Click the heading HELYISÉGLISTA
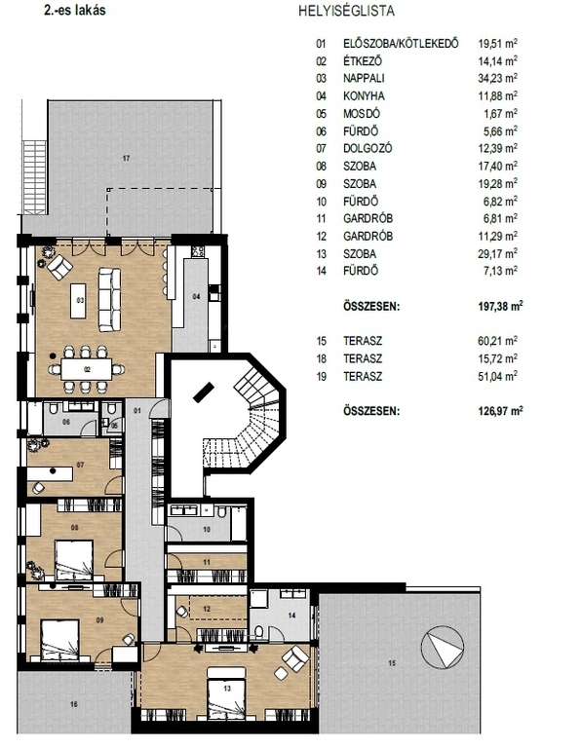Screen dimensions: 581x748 (346, 11)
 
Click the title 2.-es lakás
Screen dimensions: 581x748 (74, 10)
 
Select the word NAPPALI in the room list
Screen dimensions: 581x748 (364, 78)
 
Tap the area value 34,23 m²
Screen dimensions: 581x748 (498, 78)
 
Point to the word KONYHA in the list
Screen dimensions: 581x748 (364, 95)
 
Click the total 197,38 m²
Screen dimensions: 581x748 (500, 306)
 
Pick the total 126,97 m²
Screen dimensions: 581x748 (500, 411)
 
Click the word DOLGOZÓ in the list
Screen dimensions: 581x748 (368, 148)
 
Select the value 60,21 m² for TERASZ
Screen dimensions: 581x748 (498, 341)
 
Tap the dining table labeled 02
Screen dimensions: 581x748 (87, 369)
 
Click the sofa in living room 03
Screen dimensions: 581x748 (109, 299)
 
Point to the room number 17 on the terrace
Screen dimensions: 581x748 (126, 158)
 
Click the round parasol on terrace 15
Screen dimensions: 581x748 (442, 647)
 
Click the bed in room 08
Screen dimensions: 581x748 (74, 560)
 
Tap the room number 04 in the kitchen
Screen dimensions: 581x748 (196, 297)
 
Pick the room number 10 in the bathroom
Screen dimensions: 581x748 (207, 530)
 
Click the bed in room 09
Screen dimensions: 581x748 (59, 640)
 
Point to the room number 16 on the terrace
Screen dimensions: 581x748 (73, 704)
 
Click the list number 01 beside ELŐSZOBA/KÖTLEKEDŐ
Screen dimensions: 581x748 (321, 44)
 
